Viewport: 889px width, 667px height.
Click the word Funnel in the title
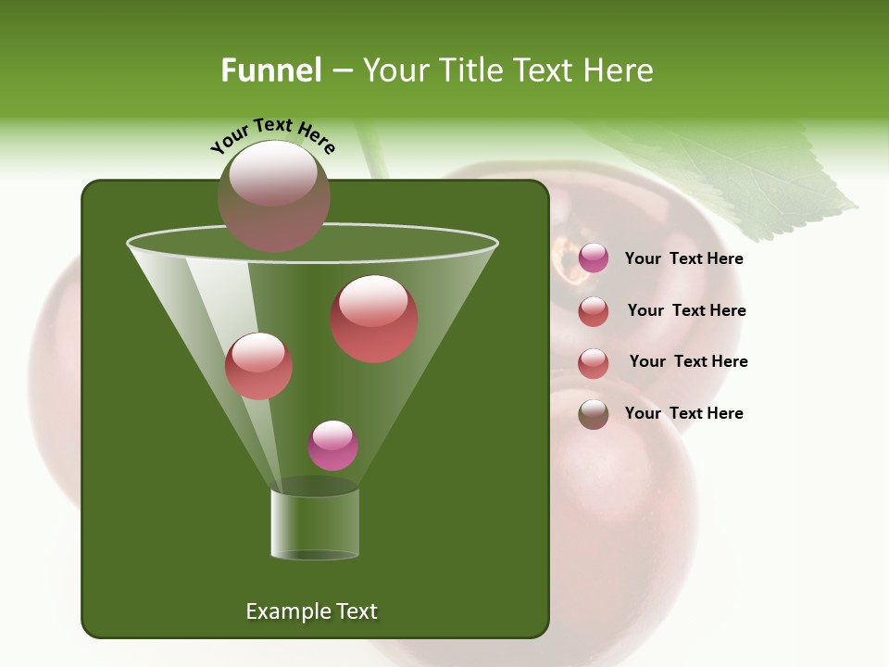coord(270,70)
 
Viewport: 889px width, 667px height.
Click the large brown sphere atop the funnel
coord(274,195)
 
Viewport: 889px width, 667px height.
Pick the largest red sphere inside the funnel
coord(374,319)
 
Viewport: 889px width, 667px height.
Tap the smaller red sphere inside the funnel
coord(258,366)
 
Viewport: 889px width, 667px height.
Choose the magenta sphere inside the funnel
coord(332,446)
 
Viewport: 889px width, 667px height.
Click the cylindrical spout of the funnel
coord(315,523)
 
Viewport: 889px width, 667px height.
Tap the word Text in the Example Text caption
coord(356,611)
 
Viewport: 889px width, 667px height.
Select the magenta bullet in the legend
coord(594,258)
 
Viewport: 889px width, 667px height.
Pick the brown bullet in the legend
coord(594,414)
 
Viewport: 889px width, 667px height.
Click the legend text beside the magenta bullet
coord(683,258)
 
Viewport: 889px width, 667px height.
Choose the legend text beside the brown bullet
coord(683,413)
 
